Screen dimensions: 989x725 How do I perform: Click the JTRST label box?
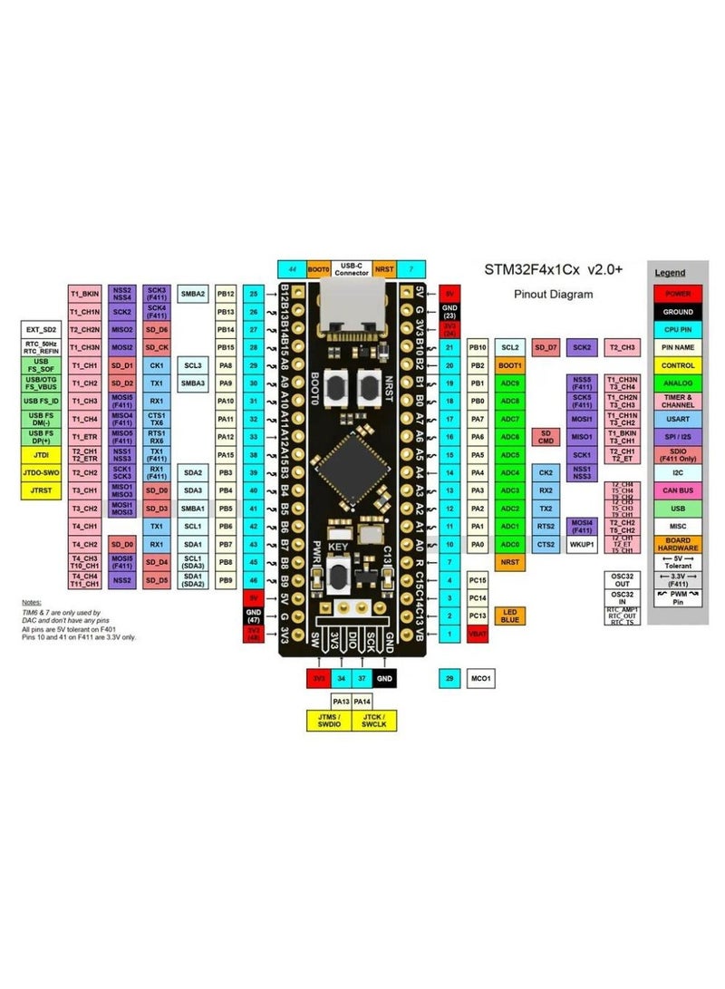coord(41,490)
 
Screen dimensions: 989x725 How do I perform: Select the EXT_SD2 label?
coord(41,328)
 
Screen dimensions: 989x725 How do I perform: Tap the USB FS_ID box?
coord(41,401)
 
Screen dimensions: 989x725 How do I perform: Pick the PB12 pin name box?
coord(227,294)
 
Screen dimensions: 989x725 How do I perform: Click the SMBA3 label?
coord(192,383)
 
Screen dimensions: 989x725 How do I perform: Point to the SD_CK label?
coord(157,347)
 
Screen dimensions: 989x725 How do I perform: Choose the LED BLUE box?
coord(510,616)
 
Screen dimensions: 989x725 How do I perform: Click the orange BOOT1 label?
coord(510,364)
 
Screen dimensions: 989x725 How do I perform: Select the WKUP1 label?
coord(581,545)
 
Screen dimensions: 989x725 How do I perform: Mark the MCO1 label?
coord(481,678)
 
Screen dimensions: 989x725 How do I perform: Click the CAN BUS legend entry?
coord(678,490)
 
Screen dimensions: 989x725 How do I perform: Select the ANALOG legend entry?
coord(678,383)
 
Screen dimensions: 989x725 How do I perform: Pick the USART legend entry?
coord(678,419)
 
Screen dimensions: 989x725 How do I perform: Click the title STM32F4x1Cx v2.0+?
coord(552,270)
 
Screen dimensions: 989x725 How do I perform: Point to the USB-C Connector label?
coord(352,269)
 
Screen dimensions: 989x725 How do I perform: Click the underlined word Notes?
coord(33,603)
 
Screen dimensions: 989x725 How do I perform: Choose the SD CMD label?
coord(546,437)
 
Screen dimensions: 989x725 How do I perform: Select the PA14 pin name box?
coord(362,701)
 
